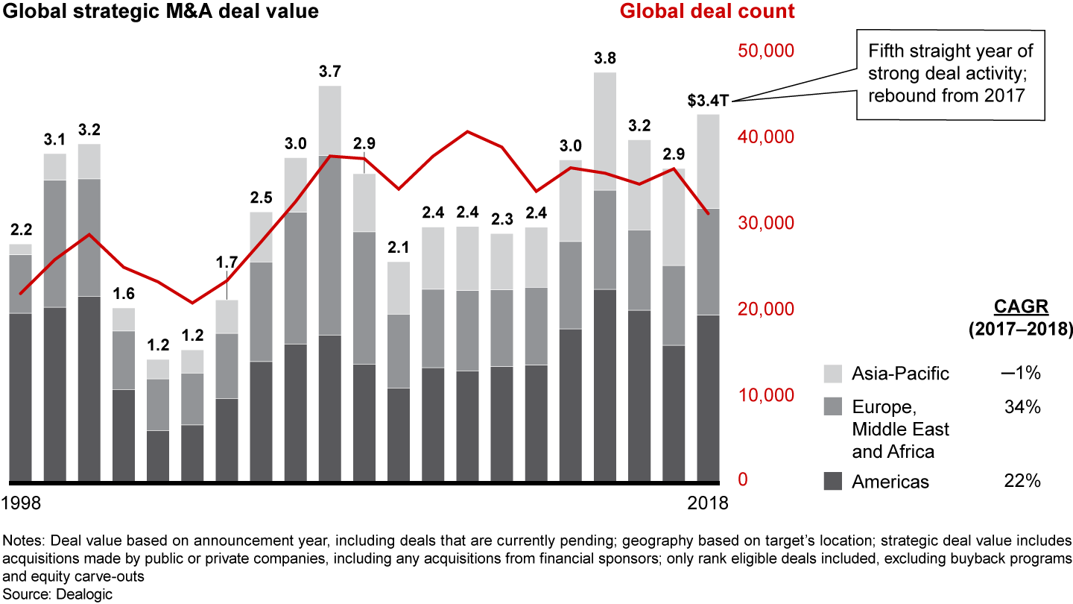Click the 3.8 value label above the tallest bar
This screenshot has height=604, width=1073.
tap(604, 57)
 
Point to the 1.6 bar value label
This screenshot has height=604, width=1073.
tap(124, 294)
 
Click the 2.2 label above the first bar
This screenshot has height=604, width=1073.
tap(20, 229)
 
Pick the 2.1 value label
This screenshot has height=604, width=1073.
tap(398, 248)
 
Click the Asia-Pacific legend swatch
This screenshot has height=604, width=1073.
tap(834, 374)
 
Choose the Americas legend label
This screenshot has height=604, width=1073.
tap(890, 482)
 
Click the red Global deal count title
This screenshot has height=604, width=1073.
tap(707, 12)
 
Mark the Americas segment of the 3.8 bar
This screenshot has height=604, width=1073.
tap(604, 385)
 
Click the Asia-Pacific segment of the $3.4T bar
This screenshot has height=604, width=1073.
tap(709, 161)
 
